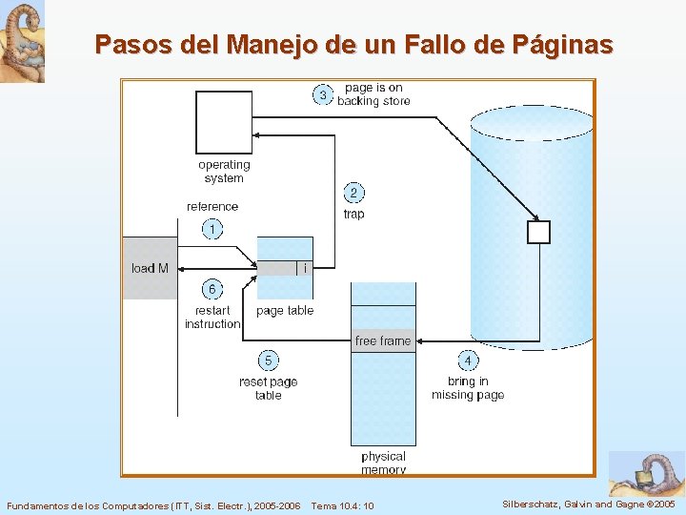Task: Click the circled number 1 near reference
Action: [212, 229]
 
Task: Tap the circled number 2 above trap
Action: [353, 193]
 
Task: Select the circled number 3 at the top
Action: [323, 94]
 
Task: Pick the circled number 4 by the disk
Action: [468, 360]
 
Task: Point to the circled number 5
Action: [269, 360]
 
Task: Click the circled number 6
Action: [212, 289]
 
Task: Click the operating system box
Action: [224, 121]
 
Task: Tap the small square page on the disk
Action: [538, 232]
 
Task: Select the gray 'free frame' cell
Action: [383, 340]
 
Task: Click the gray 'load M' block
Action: [151, 268]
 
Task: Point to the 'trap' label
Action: [353, 215]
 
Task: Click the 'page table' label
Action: [285, 311]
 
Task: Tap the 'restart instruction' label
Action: [212, 318]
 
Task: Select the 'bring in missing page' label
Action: [468, 388]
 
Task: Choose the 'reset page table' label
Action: [269, 388]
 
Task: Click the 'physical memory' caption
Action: [383, 463]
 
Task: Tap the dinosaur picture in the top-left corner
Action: [22, 41]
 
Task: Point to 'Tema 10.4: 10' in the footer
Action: [342, 505]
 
